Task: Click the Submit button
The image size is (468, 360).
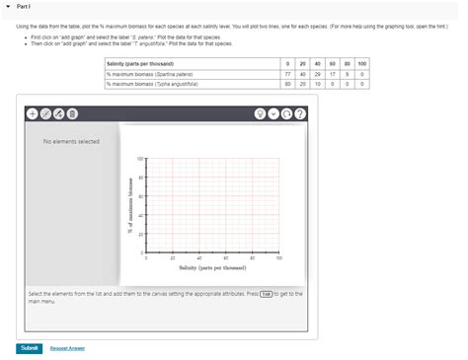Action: point(29,347)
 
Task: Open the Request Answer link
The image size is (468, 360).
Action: point(67,347)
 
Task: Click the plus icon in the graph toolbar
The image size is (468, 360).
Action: point(32,113)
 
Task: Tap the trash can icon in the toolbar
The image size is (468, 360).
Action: point(72,113)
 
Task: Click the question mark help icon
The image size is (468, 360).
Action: point(300,113)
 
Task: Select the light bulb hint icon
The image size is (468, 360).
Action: point(260,113)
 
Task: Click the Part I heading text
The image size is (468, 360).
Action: point(23,6)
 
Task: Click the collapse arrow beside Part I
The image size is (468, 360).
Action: point(8,6)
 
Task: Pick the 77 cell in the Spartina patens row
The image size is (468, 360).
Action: point(286,74)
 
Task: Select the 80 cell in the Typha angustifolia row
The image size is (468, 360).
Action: point(286,84)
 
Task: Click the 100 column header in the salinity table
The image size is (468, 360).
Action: point(362,63)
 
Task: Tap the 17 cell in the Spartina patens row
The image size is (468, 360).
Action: point(333,74)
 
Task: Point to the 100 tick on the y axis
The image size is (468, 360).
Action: point(140,158)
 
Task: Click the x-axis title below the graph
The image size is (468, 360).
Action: point(211,267)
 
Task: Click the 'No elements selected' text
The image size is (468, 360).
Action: point(71,141)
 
